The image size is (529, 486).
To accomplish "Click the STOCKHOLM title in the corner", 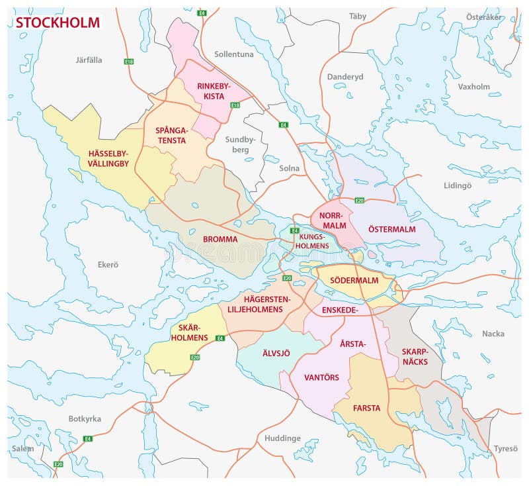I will click(58, 23).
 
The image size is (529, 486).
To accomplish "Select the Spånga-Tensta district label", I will click(171, 134).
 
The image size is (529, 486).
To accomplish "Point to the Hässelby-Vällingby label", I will click(108, 159).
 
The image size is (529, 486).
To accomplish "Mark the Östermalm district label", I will click(392, 229).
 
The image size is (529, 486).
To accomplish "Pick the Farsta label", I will click(366, 408).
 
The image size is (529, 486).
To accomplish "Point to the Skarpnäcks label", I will click(415, 356).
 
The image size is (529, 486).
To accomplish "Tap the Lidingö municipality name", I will click(458, 185).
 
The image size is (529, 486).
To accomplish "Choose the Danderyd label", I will click(345, 77).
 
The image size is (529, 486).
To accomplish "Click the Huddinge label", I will click(282, 438).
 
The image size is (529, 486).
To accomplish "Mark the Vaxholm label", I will click(473, 87).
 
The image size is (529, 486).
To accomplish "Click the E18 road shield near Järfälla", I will click(129, 62).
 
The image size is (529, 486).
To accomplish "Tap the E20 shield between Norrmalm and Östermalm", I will click(360, 200).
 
